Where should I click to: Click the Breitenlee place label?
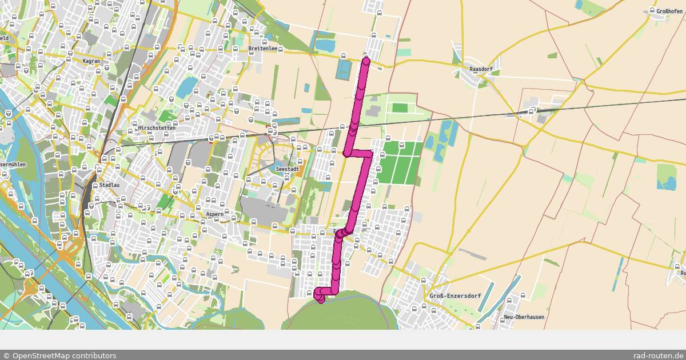click(262, 49)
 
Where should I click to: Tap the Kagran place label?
click(91, 61)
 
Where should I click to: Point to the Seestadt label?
click(286, 170)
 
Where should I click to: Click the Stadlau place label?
click(109, 185)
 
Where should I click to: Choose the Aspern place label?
click(215, 215)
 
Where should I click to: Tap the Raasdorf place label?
click(480, 69)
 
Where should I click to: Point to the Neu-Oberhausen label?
click(524, 317)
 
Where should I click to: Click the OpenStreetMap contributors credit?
click(59, 355)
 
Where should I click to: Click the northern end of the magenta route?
click(366, 60)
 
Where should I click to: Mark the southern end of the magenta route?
click(321, 299)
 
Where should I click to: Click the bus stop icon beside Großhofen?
click(652, 10)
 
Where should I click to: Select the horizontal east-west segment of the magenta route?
click(359, 153)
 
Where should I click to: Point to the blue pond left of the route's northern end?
click(344, 69)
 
